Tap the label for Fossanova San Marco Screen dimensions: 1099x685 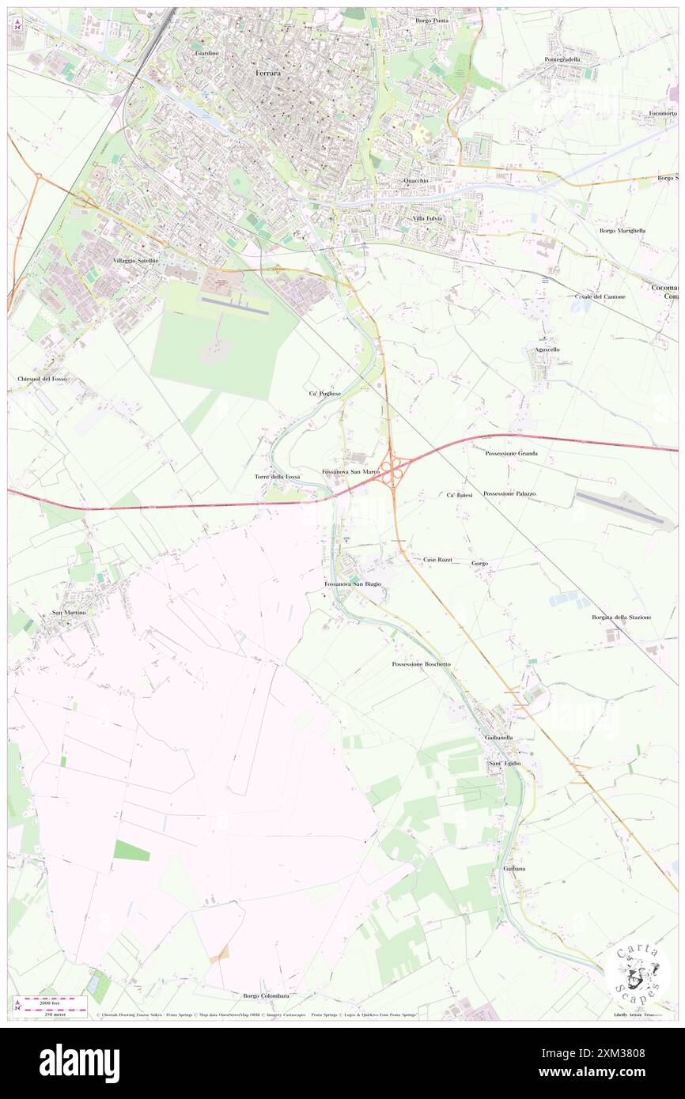pos(351,472)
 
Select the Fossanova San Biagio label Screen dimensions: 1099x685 pos(353,583)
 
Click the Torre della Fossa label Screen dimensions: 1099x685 pos(277,478)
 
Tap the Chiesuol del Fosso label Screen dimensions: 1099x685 pos(43,380)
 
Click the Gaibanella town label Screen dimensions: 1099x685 pos(498,738)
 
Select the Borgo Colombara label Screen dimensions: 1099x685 pos(266,995)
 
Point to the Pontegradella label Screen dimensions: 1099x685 pos(562,59)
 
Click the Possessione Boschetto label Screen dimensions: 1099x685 pos(421,664)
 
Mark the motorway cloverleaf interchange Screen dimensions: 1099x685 pos(392,472)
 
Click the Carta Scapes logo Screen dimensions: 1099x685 pos(638,972)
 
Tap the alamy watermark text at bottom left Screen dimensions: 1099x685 pos(79,1063)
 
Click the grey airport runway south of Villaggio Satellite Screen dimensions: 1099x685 pos(235,305)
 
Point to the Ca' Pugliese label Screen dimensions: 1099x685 pos(325,393)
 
